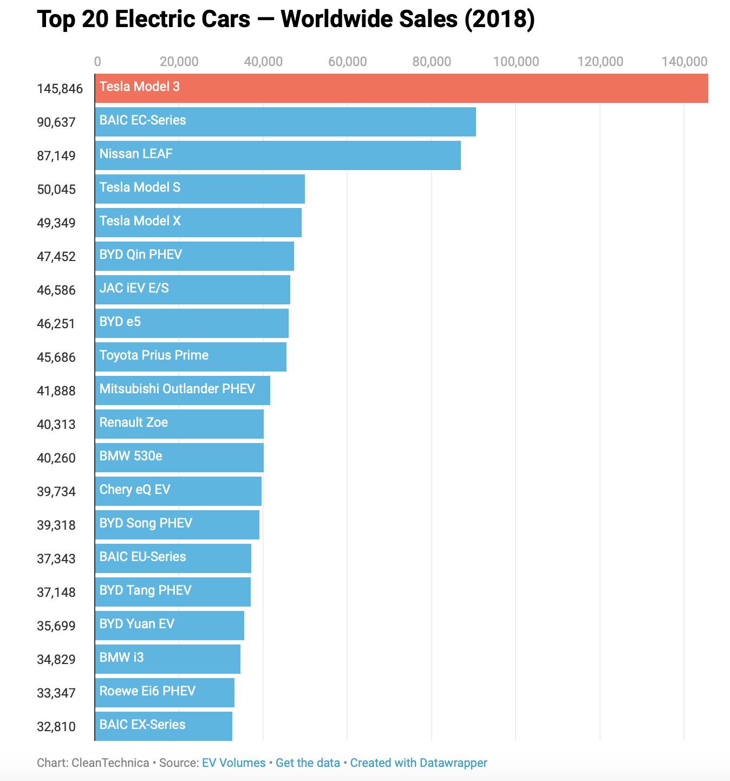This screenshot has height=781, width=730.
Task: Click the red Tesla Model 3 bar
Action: [401, 88]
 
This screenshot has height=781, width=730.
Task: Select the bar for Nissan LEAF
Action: [277, 155]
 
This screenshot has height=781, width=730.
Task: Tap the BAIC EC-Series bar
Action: [285, 122]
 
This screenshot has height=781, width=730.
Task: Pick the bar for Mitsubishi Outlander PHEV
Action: [182, 390]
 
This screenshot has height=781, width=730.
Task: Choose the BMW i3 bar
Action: [167, 659]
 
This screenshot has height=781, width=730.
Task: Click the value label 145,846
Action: [60, 89]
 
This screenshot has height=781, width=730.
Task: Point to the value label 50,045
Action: [56, 190]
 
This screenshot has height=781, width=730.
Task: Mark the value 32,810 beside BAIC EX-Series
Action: [56, 727]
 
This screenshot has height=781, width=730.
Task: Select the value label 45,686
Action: [56, 357]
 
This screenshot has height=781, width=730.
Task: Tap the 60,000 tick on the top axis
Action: [347, 62]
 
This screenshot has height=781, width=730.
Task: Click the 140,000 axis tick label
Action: [684, 62]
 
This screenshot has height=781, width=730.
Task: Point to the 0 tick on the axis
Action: [97, 62]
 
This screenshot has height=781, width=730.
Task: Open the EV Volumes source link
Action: [233, 763]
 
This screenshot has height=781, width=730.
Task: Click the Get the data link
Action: [308, 763]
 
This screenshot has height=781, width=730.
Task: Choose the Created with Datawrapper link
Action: [419, 763]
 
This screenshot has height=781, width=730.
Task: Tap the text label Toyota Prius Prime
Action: [154, 355]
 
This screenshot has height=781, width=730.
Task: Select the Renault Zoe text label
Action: [133, 422]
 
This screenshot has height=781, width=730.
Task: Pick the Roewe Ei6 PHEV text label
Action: [147, 691]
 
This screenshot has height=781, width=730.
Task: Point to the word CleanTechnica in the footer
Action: [110, 763]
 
